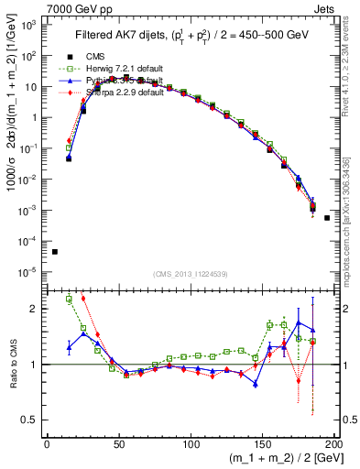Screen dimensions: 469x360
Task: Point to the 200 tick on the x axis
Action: pyautogui.click(x=334, y=444)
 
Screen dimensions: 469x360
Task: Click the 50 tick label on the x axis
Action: pyautogui.click(x=119, y=444)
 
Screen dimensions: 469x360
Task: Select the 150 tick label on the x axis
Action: pyautogui.click(x=263, y=444)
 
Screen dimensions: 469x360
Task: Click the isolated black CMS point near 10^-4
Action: pyautogui.click(x=54, y=252)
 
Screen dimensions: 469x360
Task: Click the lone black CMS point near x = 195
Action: pyautogui.click(x=327, y=218)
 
